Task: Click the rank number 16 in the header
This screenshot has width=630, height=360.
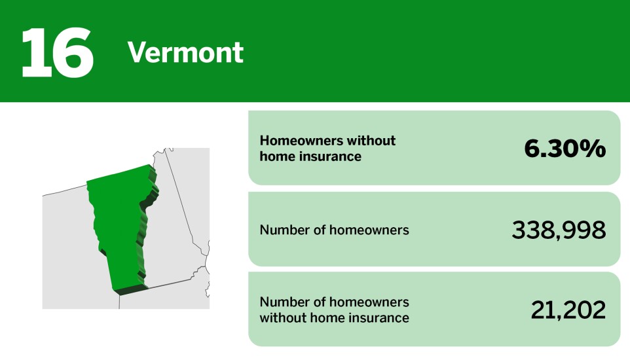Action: click(x=58, y=51)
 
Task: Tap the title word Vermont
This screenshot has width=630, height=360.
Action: click(x=185, y=52)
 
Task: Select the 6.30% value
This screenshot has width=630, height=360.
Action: click(x=565, y=149)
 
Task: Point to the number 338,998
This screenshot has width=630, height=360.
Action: click(x=558, y=230)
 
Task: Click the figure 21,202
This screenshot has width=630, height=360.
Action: click(x=568, y=310)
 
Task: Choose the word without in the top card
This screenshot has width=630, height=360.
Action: click(x=371, y=141)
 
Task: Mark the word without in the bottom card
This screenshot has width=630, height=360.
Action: click(x=282, y=318)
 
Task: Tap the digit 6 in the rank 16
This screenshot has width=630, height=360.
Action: click(x=73, y=51)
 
